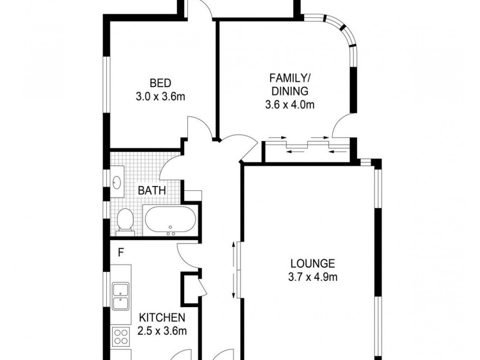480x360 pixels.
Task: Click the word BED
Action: pos(160,83)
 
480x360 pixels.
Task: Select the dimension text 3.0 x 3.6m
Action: pos(160,95)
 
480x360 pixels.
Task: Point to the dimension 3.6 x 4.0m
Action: pos(290,105)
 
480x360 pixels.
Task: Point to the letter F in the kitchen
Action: pos(121,253)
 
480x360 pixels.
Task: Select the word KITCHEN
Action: pos(162,318)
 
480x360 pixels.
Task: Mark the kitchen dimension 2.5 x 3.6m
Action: pos(162,331)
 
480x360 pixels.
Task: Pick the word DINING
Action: pos(290,91)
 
